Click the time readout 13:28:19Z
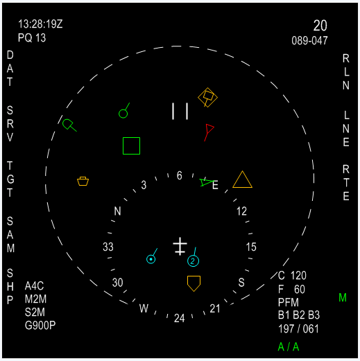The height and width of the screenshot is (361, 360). pos(40,24)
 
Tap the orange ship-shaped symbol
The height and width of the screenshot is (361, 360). pos(83,181)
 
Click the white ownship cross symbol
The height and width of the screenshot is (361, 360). pos(180,246)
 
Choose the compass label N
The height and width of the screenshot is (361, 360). pos(117,211)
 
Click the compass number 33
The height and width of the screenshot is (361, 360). pos(108,247)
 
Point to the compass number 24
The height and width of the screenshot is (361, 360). pos(180,319)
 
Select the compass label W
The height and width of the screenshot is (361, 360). pos(144,308)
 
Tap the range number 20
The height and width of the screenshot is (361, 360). pos(320,26)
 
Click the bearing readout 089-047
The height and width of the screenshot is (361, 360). pos(309,41)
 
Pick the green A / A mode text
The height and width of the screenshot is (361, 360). pos(289,347)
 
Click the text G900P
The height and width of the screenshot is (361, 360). pos(40,326)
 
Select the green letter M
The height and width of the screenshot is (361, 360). pos(343,297)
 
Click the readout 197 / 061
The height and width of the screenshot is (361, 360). pos(298,329)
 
